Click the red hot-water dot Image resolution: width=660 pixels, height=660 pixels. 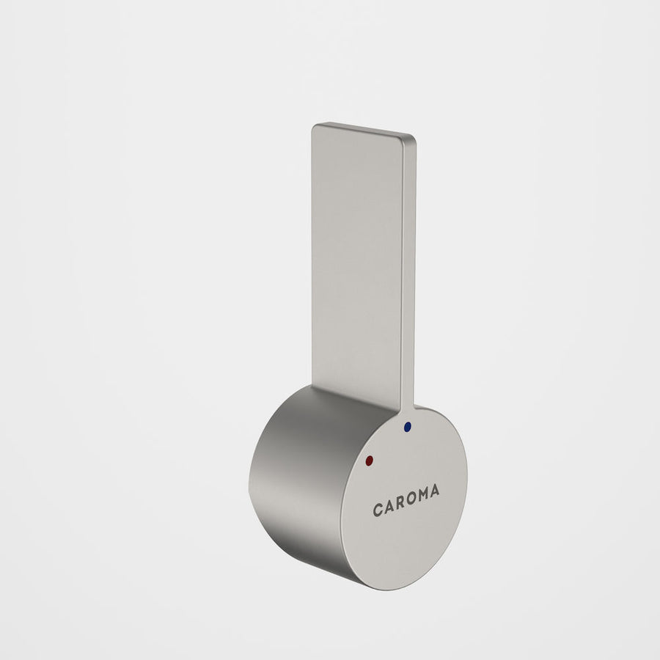[x=370, y=460]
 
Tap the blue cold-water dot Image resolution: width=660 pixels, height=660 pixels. [x=407, y=427]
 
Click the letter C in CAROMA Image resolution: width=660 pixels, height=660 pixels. [x=378, y=510]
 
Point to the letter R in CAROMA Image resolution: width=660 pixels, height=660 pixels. [x=400, y=502]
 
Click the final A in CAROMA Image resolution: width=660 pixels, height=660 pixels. [x=434, y=491]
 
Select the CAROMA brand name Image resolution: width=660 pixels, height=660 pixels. [x=406, y=500]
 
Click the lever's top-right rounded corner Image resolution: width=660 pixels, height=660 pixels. [x=412, y=137]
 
